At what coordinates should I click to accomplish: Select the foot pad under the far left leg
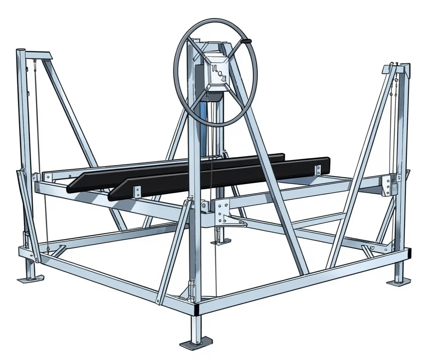point(30,279)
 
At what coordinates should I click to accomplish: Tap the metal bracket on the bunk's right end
point(318,170)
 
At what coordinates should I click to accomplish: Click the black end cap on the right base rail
point(410,253)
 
